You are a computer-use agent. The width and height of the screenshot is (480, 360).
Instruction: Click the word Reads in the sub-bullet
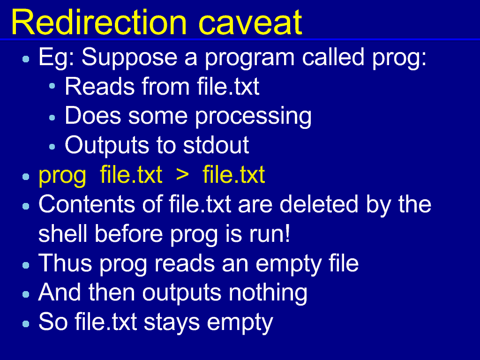[99, 87]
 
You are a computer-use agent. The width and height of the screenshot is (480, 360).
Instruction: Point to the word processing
[253, 117]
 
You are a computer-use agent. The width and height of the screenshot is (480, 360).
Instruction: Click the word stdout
[216, 145]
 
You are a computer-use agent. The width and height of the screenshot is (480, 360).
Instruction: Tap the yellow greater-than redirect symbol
[182, 175]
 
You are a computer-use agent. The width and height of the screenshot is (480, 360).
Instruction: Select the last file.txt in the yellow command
[234, 174]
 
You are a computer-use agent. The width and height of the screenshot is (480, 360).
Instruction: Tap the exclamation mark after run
[287, 233]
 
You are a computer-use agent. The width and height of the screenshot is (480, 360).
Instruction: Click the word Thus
[65, 263]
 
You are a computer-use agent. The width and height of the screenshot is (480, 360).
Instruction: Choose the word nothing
[268, 293]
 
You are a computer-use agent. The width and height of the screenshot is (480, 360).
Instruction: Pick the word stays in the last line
[172, 322]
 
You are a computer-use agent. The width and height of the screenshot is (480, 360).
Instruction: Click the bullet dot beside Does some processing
[52, 118]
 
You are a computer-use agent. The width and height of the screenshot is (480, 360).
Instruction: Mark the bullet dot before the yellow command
[26, 177]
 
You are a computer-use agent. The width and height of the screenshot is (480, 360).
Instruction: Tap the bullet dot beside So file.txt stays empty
[26, 324]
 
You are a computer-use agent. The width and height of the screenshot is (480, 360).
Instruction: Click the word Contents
[87, 204]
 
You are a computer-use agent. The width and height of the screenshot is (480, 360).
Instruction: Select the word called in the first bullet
[333, 57]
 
